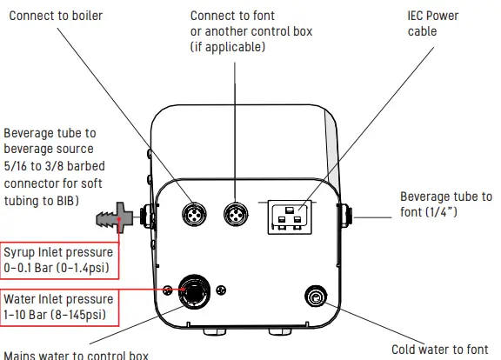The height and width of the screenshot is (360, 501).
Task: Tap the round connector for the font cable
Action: click(236, 214)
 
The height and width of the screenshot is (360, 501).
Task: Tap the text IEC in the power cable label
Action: click(418, 16)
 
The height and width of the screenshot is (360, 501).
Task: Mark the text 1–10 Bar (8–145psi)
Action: click(59, 314)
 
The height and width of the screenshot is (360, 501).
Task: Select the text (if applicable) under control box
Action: click(227, 47)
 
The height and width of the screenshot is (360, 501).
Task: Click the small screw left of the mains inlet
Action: click(166, 290)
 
